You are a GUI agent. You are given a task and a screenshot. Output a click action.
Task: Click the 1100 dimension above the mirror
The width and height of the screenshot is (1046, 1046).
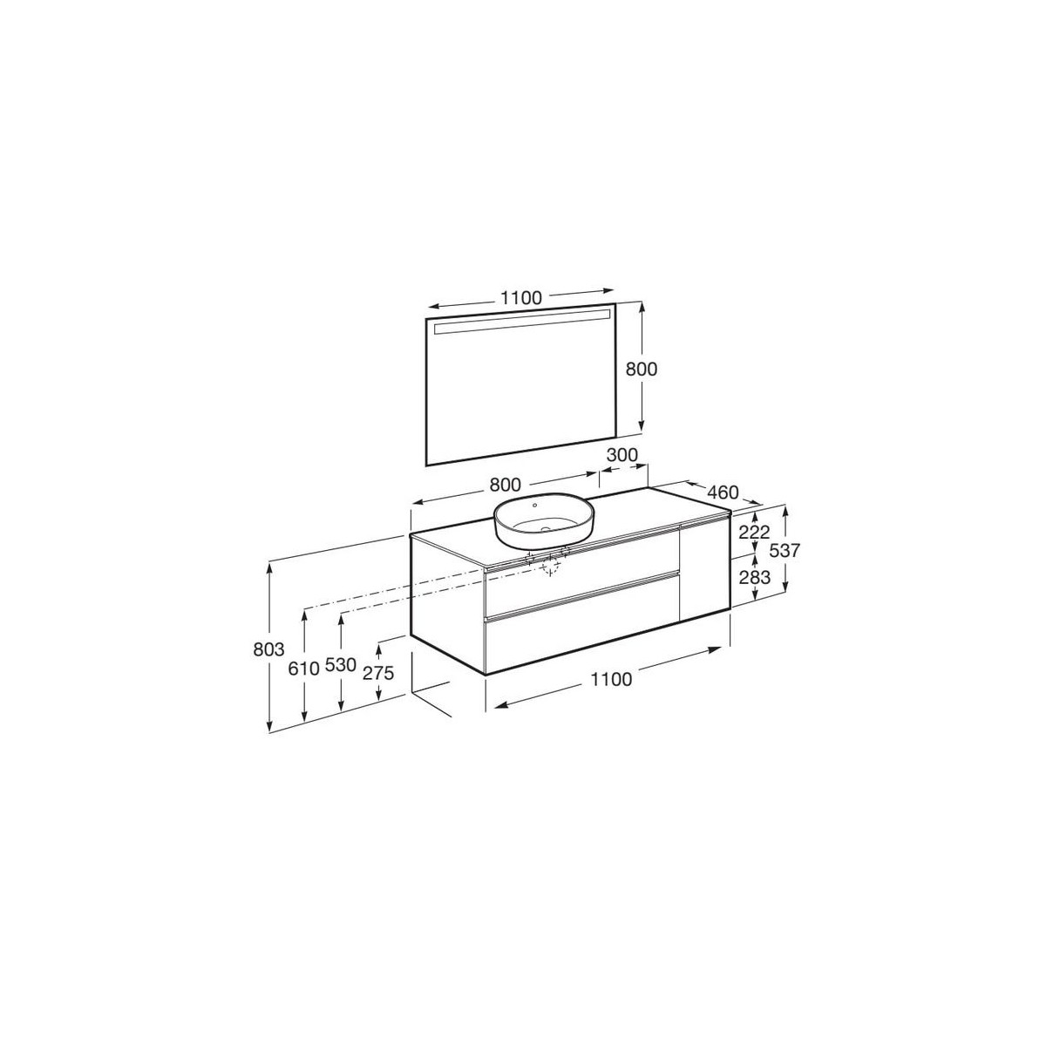point(520,298)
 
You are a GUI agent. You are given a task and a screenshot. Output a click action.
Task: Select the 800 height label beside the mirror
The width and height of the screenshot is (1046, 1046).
point(641,369)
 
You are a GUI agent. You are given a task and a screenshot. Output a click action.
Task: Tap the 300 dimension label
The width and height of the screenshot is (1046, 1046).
point(621,455)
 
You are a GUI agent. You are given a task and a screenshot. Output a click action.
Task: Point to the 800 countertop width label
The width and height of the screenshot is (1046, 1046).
point(505,485)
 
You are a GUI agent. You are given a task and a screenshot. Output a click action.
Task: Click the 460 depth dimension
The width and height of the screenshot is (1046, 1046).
point(723,492)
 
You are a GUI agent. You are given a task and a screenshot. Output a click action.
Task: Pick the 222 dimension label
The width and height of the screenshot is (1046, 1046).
point(755,532)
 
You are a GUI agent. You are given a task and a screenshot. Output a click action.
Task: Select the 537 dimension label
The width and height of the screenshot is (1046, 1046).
point(785,550)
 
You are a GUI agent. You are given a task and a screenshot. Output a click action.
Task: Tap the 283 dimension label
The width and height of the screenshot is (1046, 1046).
point(755,578)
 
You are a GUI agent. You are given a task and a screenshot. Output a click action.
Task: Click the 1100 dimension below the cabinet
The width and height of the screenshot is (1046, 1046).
point(611,679)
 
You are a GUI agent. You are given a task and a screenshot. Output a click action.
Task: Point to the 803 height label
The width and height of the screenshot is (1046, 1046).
point(268,649)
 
